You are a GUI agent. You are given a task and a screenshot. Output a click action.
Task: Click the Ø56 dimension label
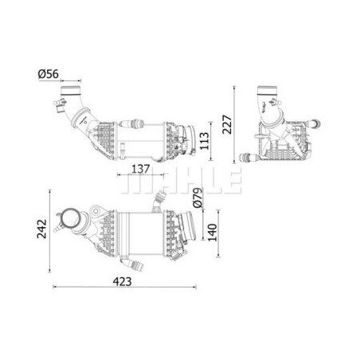click(x=49, y=74)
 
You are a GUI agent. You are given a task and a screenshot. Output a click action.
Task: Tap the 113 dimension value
click(x=205, y=141)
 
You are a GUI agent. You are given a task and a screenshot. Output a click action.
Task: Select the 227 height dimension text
click(x=227, y=124)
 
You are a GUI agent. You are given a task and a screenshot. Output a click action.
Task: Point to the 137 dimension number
click(x=141, y=169)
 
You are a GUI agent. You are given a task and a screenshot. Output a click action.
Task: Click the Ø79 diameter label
click(x=198, y=198)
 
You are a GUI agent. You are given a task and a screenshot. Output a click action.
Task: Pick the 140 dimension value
click(x=212, y=233)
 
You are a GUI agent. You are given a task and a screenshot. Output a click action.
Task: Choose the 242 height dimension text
click(x=41, y=229)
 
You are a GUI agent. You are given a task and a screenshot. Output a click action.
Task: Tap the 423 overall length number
click(x=122, y=282)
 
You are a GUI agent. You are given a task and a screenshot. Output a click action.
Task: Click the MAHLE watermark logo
click(x=181, y=180)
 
